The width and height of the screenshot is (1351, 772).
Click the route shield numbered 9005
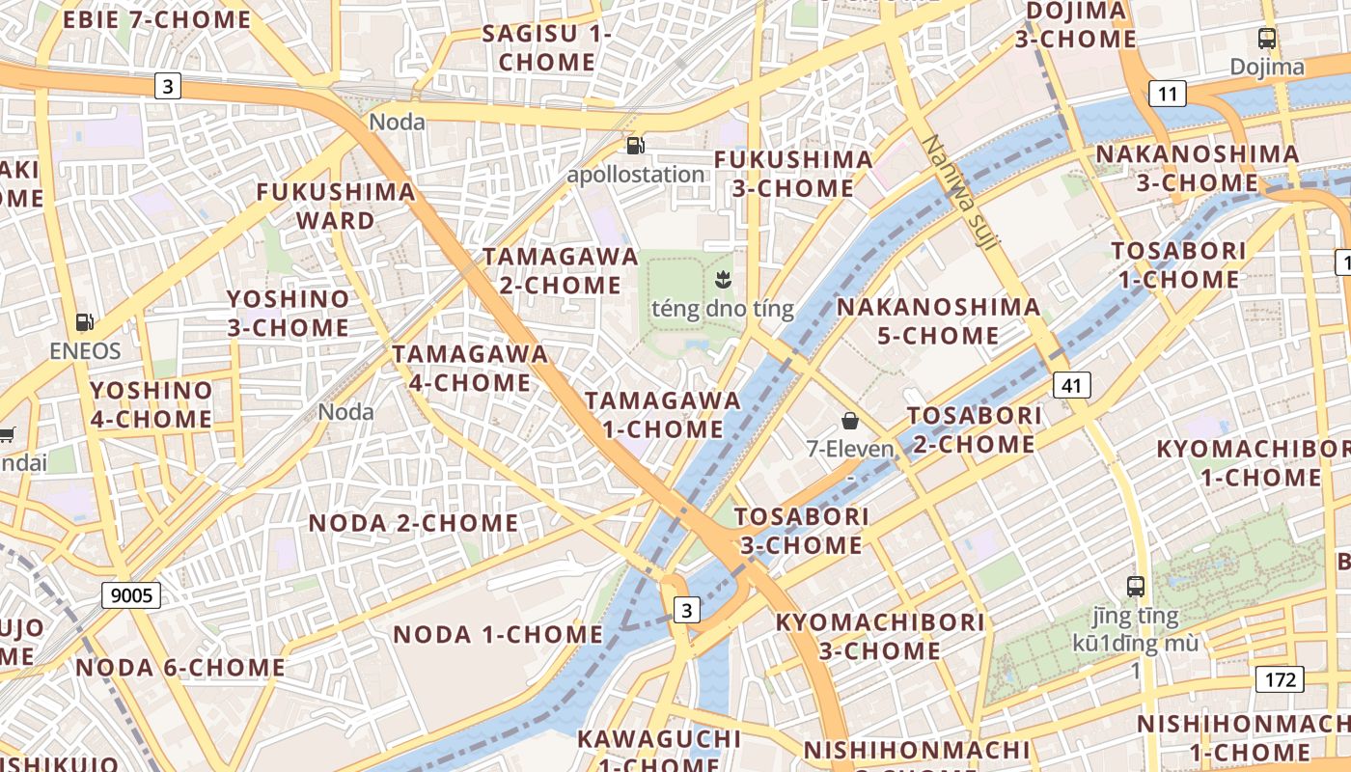[x=131, y=595]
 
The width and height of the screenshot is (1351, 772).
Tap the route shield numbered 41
[x=1071, y=386]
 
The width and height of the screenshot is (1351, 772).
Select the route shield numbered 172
[x=1280, y=679]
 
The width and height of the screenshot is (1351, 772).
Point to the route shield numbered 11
[x=1168, y=94]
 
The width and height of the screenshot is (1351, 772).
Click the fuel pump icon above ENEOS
[x=85, y=322]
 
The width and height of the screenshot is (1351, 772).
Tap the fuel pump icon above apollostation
[x=635, y=146]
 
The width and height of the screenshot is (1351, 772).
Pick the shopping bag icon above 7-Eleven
[x=850, y=420]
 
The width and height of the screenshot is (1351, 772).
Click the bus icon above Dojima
[x=1267, y=39]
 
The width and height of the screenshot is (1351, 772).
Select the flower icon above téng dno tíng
[x=722, y=280]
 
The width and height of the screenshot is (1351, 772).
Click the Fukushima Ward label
[x=336, y=206]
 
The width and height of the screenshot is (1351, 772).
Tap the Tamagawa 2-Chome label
[x=561, y=271]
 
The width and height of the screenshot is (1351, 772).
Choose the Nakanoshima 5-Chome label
[x=938, y=321]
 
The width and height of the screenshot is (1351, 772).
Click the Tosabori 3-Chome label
[x=802, y=531]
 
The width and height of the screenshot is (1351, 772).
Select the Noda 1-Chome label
[x=498, y=634]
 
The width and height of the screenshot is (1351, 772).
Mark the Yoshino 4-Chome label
[x=151, y=404]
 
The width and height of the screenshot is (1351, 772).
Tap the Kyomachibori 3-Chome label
[x=880, y=636]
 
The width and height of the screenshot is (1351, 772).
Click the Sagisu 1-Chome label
[x=547, y=47]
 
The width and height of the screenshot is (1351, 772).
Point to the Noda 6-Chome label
[x=180, y=667]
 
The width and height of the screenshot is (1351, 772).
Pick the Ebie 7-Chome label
[x=156, y=19]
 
